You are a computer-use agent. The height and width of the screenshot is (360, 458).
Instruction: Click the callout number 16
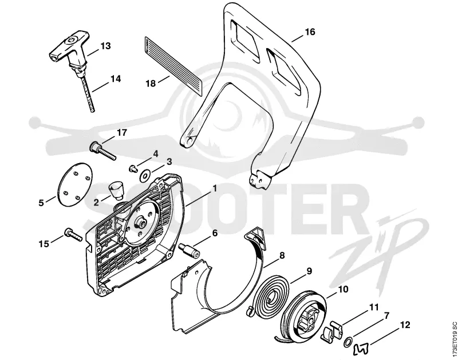[310, 31]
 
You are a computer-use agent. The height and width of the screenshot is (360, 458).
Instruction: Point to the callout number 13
[105, 46]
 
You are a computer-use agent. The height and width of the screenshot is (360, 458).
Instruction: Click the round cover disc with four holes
[74, 184]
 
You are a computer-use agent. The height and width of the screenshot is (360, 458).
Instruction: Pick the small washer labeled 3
[144, 176]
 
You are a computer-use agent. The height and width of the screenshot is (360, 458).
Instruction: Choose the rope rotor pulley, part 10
[304, 315]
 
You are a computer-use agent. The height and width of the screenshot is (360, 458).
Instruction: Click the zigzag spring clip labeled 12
[361, 341]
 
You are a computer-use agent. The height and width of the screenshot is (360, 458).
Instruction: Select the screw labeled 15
[73, 235]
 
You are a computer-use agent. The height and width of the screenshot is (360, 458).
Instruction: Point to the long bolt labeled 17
[103, 150]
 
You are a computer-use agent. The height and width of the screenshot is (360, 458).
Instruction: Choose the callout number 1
[215, 188]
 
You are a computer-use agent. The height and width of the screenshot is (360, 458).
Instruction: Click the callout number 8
[282, 255]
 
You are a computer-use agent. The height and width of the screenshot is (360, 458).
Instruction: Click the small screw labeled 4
[133, 168]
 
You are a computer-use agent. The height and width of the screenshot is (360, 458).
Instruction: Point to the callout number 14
[116, 79]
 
